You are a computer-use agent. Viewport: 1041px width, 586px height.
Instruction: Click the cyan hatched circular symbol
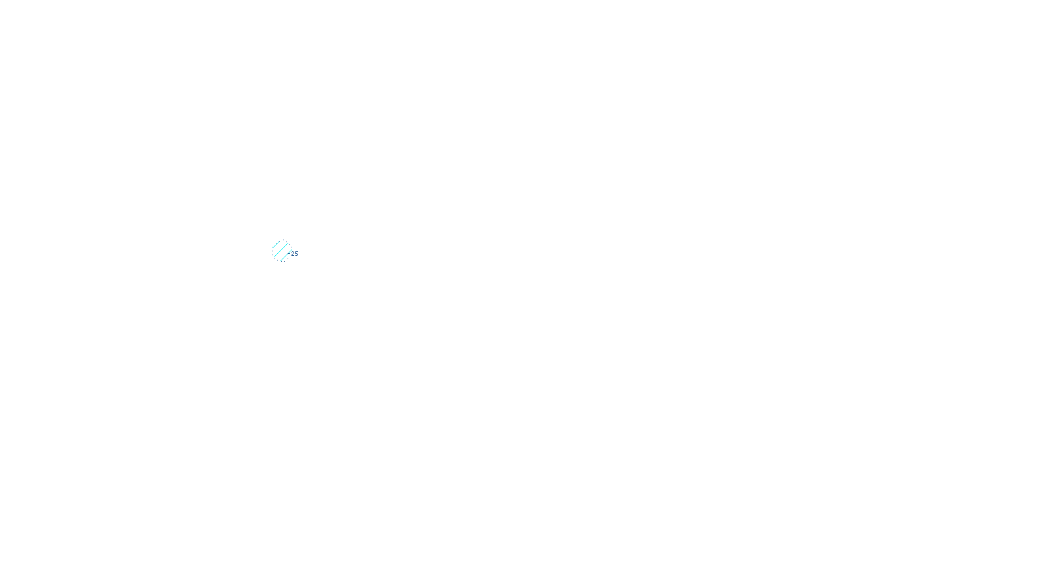282,251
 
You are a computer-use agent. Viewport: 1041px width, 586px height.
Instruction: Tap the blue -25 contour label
294,254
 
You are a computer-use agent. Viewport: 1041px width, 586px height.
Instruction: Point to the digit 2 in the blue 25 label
293,254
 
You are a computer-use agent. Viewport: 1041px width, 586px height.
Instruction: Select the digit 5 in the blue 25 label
297,254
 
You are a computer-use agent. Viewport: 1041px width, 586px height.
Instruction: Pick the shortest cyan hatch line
276,245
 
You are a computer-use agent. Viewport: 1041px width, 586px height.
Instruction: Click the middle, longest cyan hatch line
282,251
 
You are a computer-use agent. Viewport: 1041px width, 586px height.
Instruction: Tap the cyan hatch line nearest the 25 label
286,256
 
